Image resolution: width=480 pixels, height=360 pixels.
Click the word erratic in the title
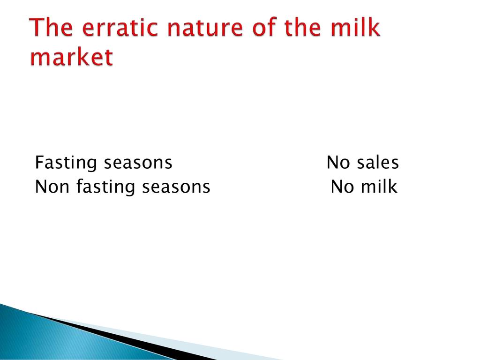120,27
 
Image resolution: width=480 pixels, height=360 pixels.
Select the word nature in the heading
206,27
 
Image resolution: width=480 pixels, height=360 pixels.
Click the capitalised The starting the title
51,27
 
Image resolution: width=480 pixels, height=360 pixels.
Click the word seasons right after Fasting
138,163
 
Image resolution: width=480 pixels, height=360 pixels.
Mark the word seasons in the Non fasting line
176,187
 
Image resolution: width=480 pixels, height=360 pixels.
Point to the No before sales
338,162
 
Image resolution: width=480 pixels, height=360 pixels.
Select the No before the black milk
342,187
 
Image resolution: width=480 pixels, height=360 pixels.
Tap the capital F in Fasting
40,162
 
